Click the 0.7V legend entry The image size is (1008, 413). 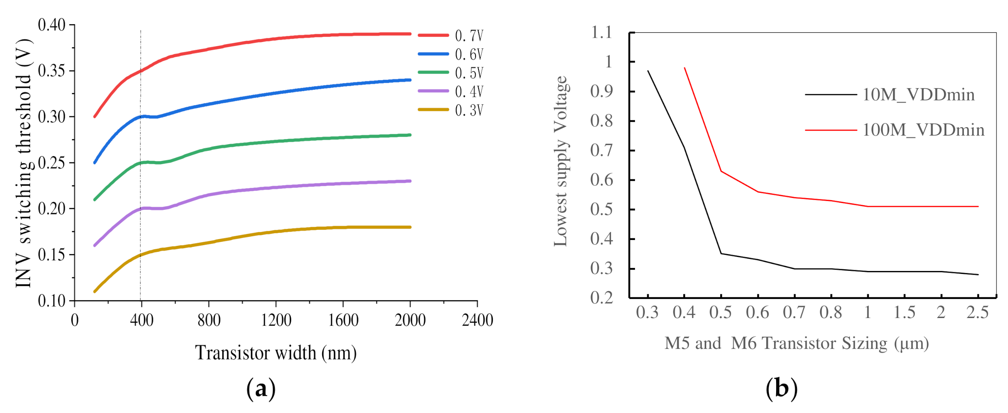[x=469, y=36]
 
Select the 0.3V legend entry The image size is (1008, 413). [x=469, y=110]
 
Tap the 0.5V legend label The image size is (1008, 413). [x=469, y=73]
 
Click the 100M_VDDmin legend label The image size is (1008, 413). [x=923, y=130]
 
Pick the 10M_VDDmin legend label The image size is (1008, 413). [x=919, y=95]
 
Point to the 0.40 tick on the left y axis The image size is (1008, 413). [x=52, y=25]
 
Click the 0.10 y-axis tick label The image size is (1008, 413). [x=52, y=301]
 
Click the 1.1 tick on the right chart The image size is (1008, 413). [x=601, y=32]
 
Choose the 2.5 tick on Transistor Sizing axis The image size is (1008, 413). [x=977, y=313]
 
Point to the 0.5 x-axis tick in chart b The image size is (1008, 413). [x=721, y=313]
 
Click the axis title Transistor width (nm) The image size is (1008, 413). [x=276, y=353]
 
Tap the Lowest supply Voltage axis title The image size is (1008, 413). [x=561, y=161]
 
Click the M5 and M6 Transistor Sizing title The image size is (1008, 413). [x=796, y=343]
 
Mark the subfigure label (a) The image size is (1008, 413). [x=261, y=388]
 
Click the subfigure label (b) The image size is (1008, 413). [x=781, y=388]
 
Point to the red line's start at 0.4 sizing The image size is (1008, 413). [x=685, y=68]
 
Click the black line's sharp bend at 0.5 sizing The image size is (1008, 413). [x=721, y=254]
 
